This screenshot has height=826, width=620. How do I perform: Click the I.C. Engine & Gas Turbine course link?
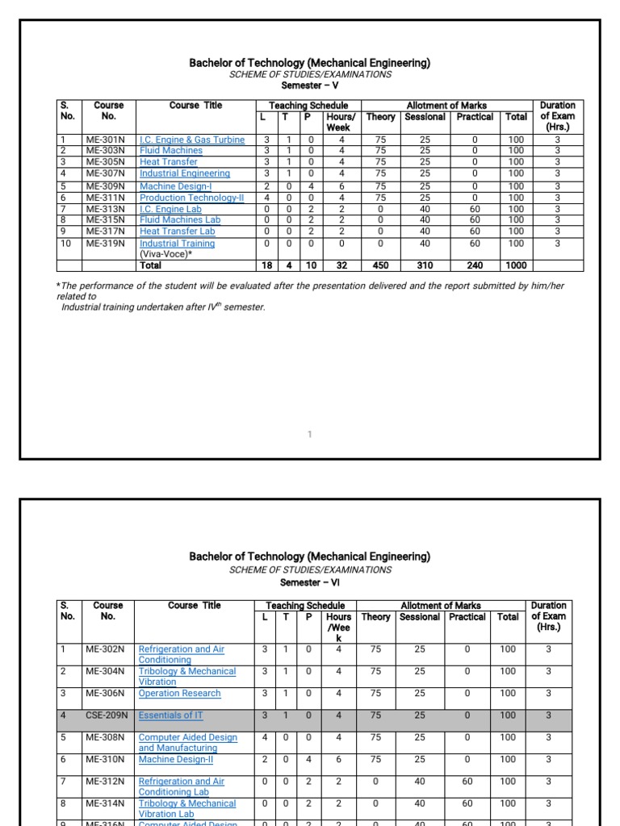(191, 140)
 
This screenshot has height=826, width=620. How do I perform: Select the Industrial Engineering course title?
(184, 173)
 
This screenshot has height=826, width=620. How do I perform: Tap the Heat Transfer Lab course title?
(177, 232)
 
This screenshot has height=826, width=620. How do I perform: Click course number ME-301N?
(106, 140)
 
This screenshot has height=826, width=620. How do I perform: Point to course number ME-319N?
(106, 243)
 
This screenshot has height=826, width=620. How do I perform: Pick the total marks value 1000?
(516, 265)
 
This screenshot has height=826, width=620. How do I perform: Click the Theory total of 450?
(380, 265)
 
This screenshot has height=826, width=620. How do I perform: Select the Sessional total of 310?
(425, 265)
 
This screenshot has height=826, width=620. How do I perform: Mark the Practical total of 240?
(474, 265)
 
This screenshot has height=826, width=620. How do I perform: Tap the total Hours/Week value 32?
(341, 265)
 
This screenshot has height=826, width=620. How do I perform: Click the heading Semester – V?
(309, 85)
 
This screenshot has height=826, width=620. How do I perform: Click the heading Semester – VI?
(309, 582)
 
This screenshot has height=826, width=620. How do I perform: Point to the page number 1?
(309, 435)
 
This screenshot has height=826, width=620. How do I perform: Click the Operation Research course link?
(179, 693)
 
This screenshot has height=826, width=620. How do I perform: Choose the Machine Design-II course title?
(176, 759)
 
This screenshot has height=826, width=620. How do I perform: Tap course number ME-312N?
(105, 781)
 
